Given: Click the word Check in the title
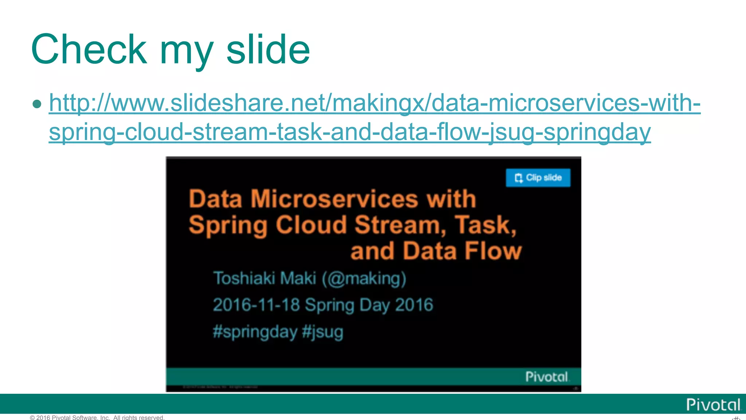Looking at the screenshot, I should (89, 50).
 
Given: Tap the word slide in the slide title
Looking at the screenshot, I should (268, 50).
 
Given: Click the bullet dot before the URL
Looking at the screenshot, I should (37, 104).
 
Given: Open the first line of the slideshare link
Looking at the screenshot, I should (374, 103).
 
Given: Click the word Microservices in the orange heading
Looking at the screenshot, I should (334, 199).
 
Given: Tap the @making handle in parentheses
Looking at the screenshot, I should (364, 279).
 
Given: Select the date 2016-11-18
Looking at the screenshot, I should (256, 305).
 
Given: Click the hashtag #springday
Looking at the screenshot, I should (255, 332).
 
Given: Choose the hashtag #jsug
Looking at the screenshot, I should (323, 332).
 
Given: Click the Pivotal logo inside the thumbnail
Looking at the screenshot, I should (547, 377).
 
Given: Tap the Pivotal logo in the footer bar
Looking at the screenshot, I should (713, 405).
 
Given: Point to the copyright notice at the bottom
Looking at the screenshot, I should (97, 417).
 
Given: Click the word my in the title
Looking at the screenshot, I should (186, 51).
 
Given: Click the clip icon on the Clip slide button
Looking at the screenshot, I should (518, 178).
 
